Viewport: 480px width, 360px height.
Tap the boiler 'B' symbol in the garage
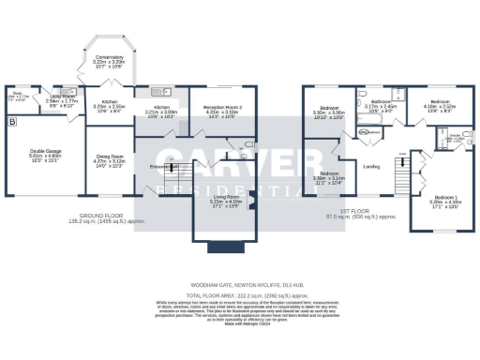[11, 122]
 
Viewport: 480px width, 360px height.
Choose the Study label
[17, 94]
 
